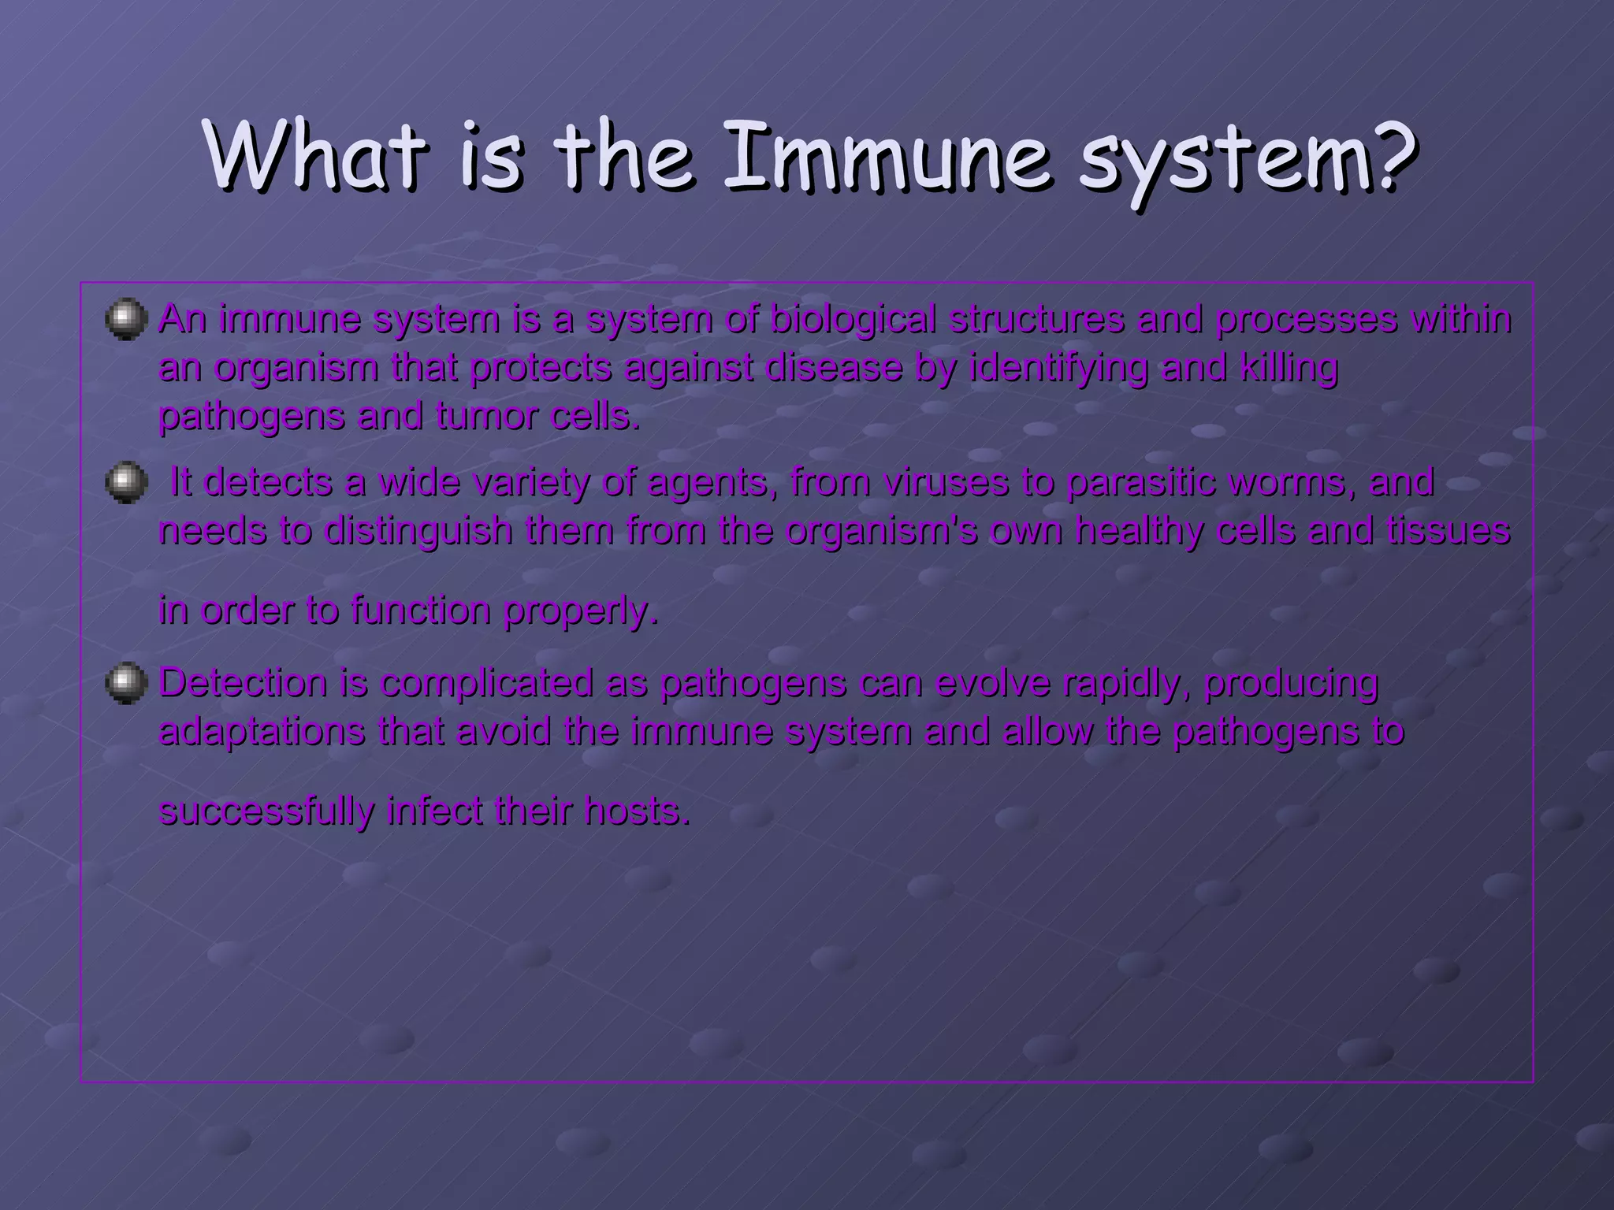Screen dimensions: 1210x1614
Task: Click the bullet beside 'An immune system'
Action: coord(126,319)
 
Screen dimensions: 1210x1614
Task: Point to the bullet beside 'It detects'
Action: coord(126,481)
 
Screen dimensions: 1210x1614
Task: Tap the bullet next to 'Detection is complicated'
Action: coord(126,682)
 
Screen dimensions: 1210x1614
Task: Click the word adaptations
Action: coord(262,732)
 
